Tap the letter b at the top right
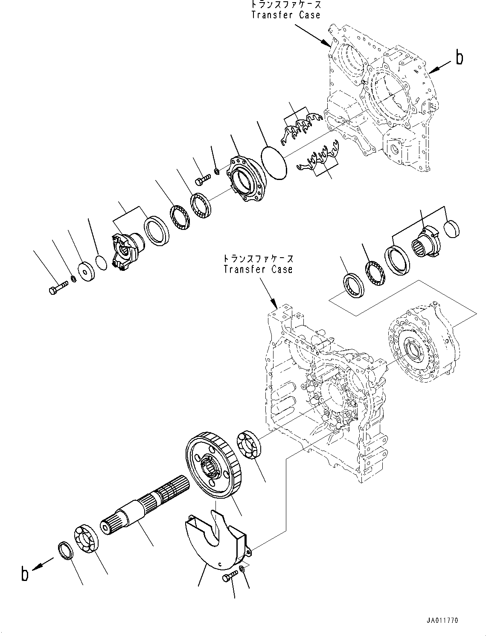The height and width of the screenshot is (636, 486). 459,57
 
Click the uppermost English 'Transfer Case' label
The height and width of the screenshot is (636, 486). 285,15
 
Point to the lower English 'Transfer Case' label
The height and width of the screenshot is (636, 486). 258,269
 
